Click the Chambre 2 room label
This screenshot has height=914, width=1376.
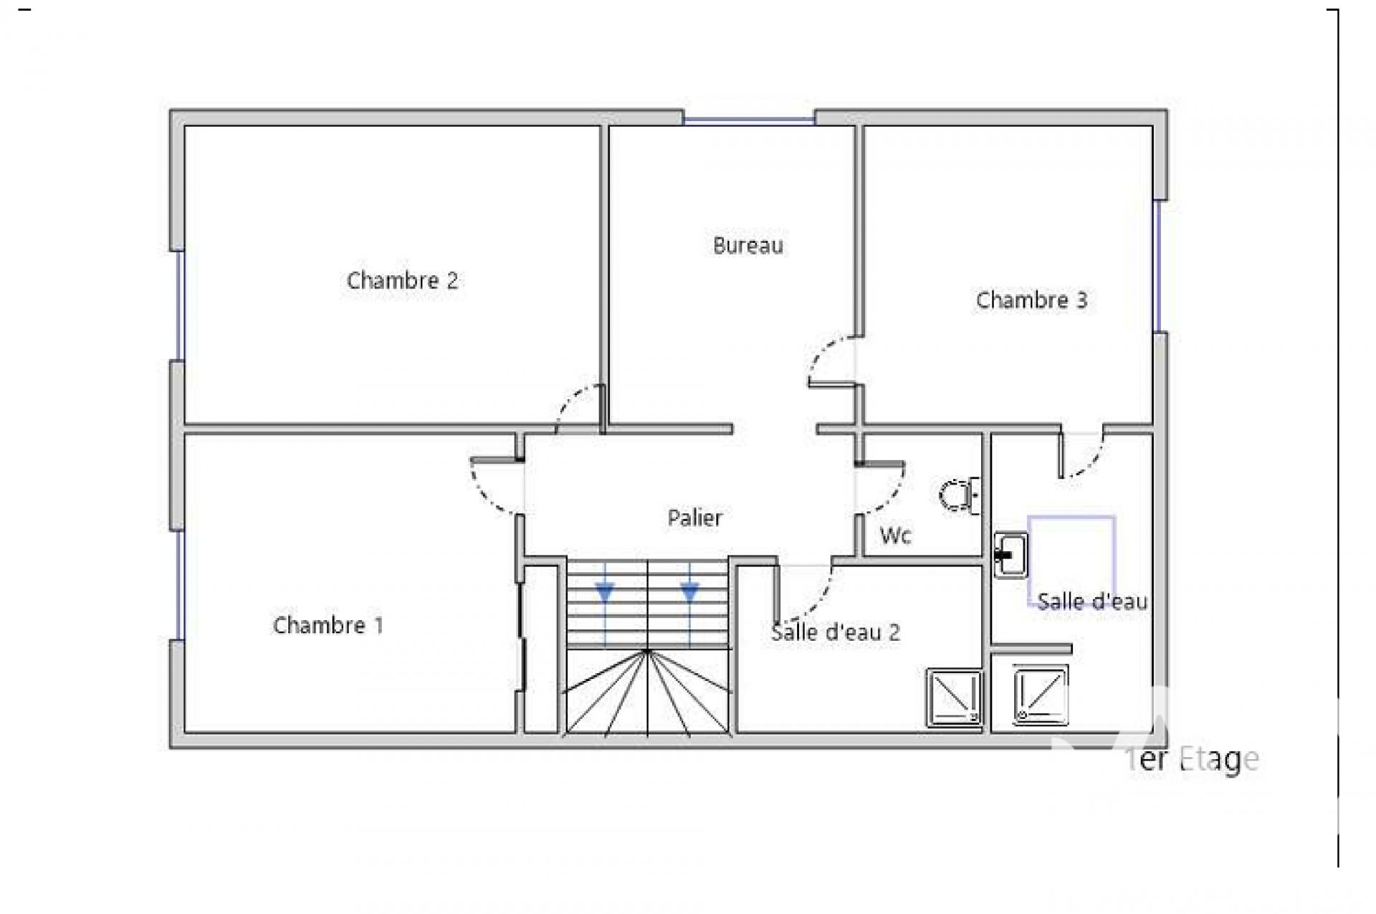click(402, 280)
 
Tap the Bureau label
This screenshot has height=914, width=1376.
click(748, 246)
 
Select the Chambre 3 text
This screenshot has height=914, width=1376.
click(1031, 300)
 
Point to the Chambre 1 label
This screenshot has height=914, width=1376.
click(328, 625)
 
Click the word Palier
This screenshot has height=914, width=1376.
click(695, 518)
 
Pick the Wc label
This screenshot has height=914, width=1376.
click(896, 535)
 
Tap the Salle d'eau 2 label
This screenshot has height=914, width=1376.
click(835, 632)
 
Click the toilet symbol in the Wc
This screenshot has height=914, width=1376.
click(960, 495)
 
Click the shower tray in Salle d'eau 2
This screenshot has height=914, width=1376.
click(954, 698)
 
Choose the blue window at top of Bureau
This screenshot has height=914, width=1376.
click(749, 120)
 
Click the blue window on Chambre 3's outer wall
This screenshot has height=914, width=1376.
click(1157, 266)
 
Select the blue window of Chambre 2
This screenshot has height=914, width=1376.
click(180, 305)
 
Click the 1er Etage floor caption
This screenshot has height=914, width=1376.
click(1192, 759)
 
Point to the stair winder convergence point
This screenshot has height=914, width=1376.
click(647, 651)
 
